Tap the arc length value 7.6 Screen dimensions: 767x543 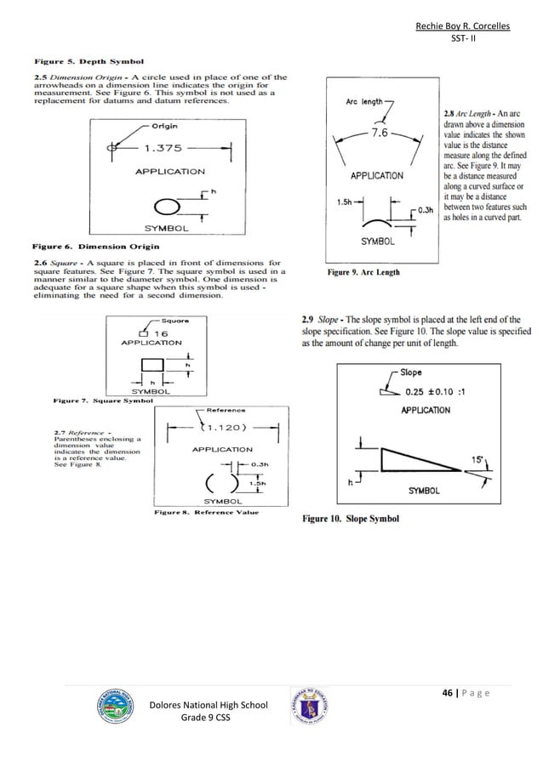[379, 134]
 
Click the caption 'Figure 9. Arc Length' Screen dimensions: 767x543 [363, 272]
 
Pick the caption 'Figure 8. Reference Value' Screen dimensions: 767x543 [206, 513]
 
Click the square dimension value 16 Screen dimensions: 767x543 [159, 333]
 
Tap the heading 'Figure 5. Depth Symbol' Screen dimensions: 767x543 [89, 61]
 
